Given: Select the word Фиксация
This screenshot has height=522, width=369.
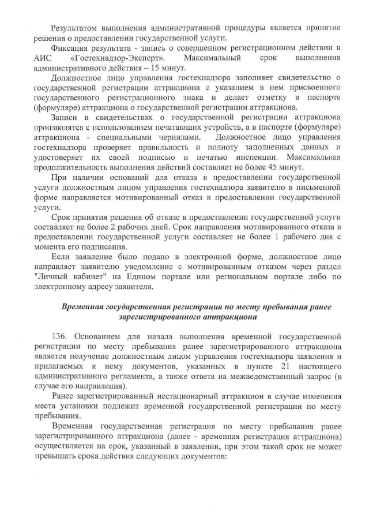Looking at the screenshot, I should coord(69,47).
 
